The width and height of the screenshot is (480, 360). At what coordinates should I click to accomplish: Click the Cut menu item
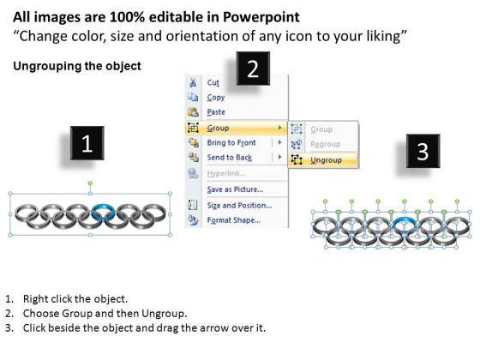213,82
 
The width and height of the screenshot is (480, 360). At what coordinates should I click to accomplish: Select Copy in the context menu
216,98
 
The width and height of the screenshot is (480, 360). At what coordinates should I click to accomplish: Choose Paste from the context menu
216,112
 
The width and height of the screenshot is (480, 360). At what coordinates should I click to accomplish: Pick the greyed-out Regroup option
325,144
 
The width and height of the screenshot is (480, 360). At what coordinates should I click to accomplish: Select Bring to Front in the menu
231,142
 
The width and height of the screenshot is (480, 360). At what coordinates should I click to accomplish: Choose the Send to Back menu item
230,158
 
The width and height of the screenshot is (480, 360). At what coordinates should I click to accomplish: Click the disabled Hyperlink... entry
226,173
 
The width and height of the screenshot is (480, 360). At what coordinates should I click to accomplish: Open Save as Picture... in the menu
235,189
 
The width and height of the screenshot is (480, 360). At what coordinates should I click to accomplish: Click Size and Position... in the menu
239,206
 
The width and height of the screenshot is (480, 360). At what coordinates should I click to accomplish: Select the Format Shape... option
233,220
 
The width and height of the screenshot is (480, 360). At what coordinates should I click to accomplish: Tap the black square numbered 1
87,143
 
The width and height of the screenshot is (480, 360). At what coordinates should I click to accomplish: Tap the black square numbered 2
253,69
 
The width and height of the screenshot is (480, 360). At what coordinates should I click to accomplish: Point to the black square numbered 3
423,151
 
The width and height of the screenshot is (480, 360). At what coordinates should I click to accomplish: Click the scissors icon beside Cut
193,82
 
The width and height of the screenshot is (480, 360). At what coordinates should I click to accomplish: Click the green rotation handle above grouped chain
90,183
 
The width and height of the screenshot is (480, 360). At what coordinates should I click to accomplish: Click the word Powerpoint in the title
261,17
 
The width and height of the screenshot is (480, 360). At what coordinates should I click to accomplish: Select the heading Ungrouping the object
77,66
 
